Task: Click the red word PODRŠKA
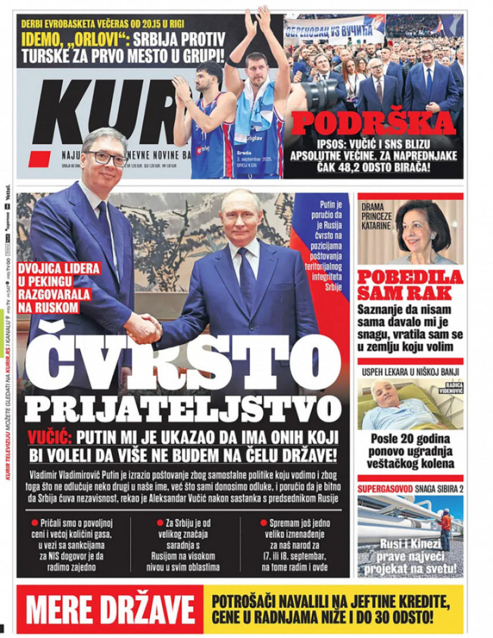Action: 373,123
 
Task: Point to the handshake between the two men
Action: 144,328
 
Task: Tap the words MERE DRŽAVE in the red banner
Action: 110,609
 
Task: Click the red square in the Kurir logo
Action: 39,159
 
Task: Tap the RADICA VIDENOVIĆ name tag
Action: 450,388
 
